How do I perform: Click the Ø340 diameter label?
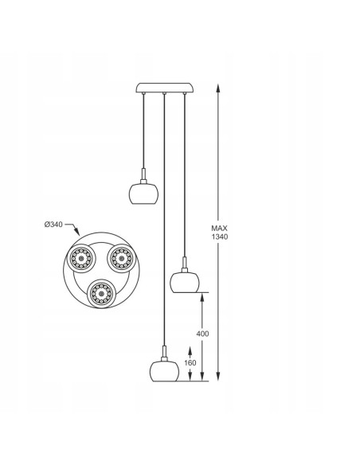53,225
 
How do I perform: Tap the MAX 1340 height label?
220,232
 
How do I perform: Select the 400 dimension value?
202,334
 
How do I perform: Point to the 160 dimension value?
190,363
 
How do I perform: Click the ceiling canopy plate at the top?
165,88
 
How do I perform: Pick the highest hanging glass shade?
143,193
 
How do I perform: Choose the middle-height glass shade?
185,283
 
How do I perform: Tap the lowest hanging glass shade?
164,371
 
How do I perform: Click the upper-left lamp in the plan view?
81,258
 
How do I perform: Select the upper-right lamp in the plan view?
121,258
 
